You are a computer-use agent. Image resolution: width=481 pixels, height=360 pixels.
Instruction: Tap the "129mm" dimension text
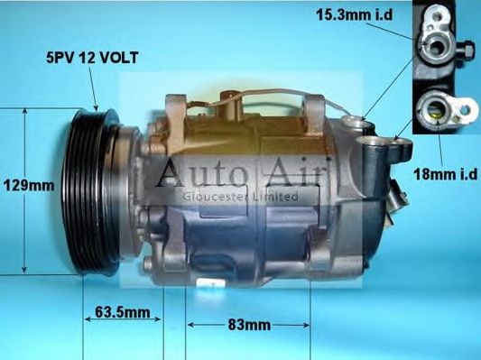click(x=29, y=185)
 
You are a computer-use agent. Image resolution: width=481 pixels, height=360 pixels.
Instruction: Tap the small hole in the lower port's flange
click(x=465, y=112)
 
